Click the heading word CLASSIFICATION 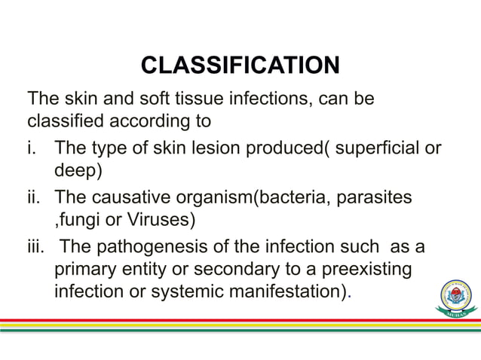[x=240, y=66]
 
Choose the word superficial [x=377, y=146]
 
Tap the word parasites [x=373, y=197]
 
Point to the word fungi [x=79, y=221]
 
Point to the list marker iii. [x=35, y=246]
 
